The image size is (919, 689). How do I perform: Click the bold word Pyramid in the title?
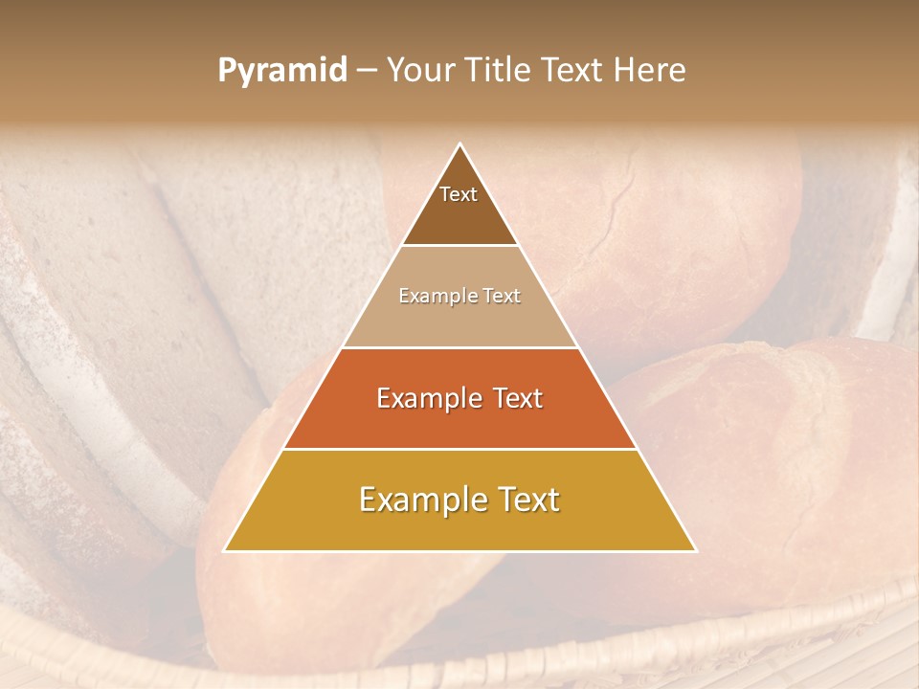pos(281,71)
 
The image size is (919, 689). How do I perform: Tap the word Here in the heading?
pos(650,71)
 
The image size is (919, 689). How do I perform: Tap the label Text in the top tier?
pos(459,194)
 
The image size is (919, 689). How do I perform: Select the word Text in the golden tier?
pos(521,500)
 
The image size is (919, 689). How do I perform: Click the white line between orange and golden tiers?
pos(460,449)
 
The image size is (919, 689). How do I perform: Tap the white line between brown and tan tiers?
pos(460,246)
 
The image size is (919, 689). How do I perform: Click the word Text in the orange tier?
pos(515,398)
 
